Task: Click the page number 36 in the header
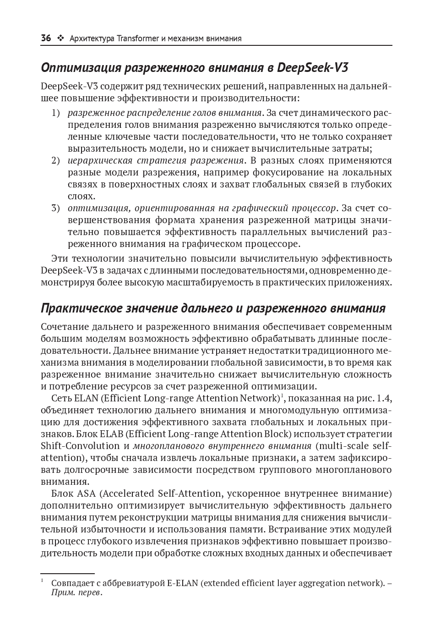tap(46, 38)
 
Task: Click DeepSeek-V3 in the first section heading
tap(313, 68)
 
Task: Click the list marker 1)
tap(55, 113)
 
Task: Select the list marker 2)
tap(55, 160)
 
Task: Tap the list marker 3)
tap(55, 208)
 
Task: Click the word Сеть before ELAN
tap(62, 398)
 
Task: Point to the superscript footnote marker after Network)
tap(282, 395)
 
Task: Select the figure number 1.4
tap(384, 398)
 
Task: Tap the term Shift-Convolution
tap(80, 446)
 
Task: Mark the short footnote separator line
tap(67, 573)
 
